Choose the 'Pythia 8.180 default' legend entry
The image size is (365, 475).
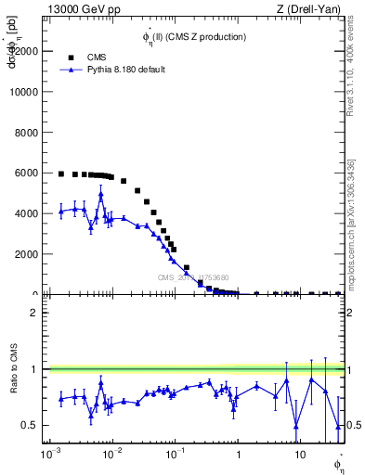coord(125,70)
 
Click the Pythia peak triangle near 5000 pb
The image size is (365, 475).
coord(100,195)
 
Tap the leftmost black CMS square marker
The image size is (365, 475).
coord(61,173)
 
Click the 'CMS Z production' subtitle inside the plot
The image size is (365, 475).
coord(194,37)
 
